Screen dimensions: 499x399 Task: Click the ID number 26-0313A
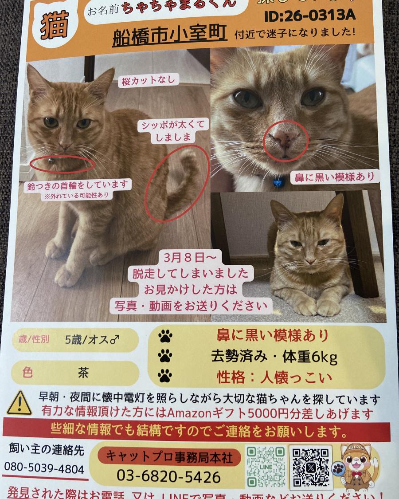[309, 15]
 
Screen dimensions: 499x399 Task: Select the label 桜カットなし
[149, 81]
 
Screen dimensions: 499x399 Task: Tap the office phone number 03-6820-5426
[168, 477]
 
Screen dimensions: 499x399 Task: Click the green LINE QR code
[266, 466]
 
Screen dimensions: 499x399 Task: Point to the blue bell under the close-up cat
[278, 181]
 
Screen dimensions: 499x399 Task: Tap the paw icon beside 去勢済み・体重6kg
[165, 356]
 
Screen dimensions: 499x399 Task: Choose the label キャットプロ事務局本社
[168, 456]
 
